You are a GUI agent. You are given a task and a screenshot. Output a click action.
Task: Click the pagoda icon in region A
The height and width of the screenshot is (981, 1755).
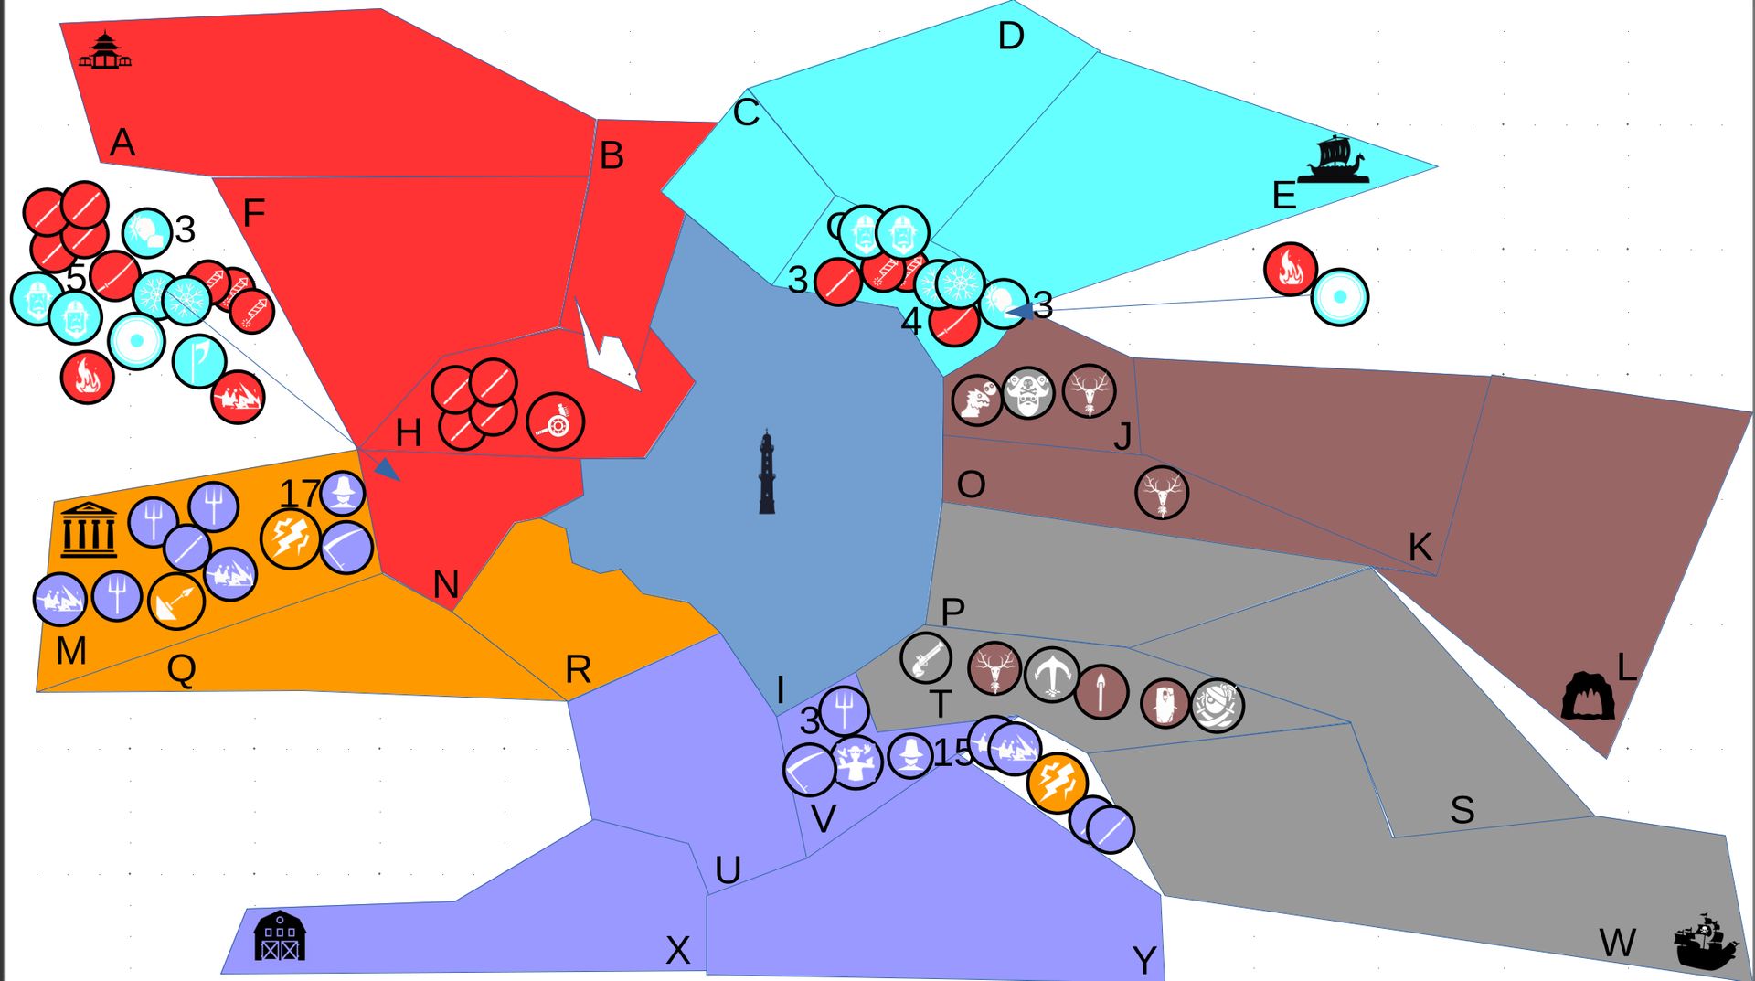(x=104, y=51)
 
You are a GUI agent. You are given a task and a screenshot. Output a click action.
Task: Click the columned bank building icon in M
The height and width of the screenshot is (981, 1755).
(x=89, y=529)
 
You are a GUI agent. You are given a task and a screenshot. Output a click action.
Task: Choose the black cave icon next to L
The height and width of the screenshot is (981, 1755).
(x=1588, y=697)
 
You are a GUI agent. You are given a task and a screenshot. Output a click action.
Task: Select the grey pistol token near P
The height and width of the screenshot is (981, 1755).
(x=925, y=656)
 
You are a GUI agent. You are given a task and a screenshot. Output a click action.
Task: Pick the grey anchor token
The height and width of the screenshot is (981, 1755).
(x=1052, y=675)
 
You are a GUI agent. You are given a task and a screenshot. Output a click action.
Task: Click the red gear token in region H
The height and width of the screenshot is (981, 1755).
(x=556, y=422)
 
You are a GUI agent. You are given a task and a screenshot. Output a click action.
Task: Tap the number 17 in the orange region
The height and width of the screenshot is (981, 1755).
(x=300, y=495)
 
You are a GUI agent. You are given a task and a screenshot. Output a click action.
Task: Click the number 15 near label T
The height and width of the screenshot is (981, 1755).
(x=953, y=753)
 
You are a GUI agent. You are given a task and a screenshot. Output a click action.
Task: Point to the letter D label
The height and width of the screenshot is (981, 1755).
(x=1010, y=37)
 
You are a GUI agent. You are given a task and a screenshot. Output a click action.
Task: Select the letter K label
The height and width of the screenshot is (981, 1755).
(x=1420, y=548)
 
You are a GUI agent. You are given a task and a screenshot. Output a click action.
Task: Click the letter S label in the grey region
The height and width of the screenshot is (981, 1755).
(x=1462, y=810)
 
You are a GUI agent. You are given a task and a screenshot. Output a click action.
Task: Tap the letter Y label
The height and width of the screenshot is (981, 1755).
(x=1144, y=960)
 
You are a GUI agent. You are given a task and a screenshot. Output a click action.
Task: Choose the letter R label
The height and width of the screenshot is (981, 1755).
(x=578, y=670)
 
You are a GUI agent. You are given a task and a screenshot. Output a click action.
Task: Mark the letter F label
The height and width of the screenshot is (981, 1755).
(x=253, y=213)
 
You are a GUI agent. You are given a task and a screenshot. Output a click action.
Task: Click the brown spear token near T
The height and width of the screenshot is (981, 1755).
(x=1101, y=692)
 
